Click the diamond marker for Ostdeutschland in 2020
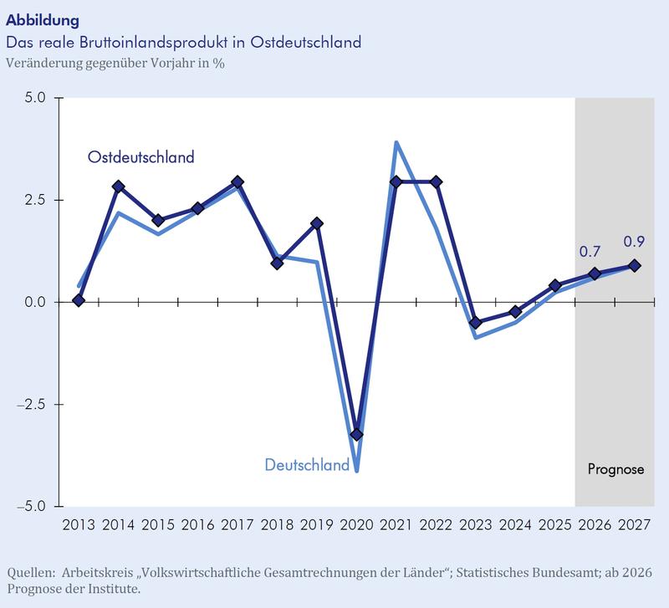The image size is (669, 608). pyautogui.click(x=356, y=435)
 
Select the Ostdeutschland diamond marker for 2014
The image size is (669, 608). pyautogui.click(x=118, y=186)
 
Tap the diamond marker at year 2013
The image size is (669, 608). pyautogui.click(x=79, y=300)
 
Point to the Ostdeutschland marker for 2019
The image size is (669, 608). pyautogui.click(x=317, y=223)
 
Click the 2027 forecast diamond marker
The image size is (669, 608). pyautogui.click(x=635, y=266)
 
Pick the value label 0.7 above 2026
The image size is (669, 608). pyautogui.click(x=591, y=251)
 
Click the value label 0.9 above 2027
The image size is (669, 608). pyautogui.click(x=635, y=243)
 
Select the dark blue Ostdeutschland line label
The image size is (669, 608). pyautogui.click(x=141, y=156)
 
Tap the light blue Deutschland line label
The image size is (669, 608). pyautogui.click(x=307, y=465)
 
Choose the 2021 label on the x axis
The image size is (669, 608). pyautogui.click(x=396, y=526)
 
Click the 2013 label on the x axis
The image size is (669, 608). pyautogui.click(x=79, y=526)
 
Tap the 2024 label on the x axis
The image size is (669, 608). pyautogui.click(x=515, y=526)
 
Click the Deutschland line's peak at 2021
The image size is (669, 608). pyautogui.click(x=396, y=142)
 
